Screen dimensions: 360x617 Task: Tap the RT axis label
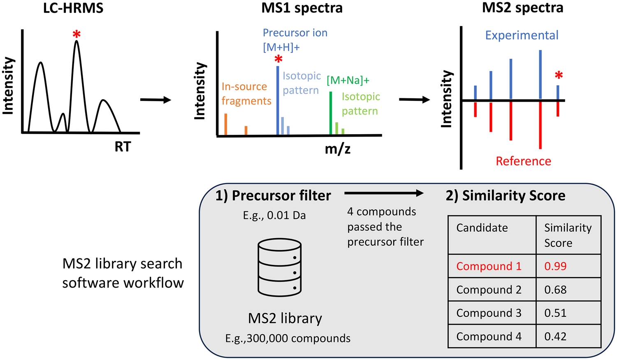[x=123, y=146]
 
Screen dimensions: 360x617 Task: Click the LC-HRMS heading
[x=73, y=8]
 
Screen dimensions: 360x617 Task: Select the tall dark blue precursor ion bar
[x=278, y=100]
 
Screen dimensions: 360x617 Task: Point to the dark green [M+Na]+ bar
[x=331, y=113]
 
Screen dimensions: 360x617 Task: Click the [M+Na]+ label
[x=348, y=80]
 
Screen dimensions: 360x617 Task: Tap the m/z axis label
[x=337, y=149]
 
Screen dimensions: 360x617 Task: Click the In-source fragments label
[x=246, y=94]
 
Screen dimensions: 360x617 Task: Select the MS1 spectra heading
[x=302, y=8]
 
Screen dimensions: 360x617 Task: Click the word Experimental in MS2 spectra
[x=522, y=35]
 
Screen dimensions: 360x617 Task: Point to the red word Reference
[x=523, y=161]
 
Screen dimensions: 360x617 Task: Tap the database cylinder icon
[x=280, y=267]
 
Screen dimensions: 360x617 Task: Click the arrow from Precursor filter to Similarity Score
[x=384, y=193]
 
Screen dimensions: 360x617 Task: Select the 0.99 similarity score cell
[x=555, y=266]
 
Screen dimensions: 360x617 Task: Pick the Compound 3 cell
[x=489, y=313]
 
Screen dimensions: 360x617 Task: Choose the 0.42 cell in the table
[x=555, y=337]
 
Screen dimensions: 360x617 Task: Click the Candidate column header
[x=482, y=228]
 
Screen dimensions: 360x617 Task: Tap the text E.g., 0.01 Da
[x=274, y=216]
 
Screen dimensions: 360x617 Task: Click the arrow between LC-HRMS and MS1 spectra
[x=155, y=100]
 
